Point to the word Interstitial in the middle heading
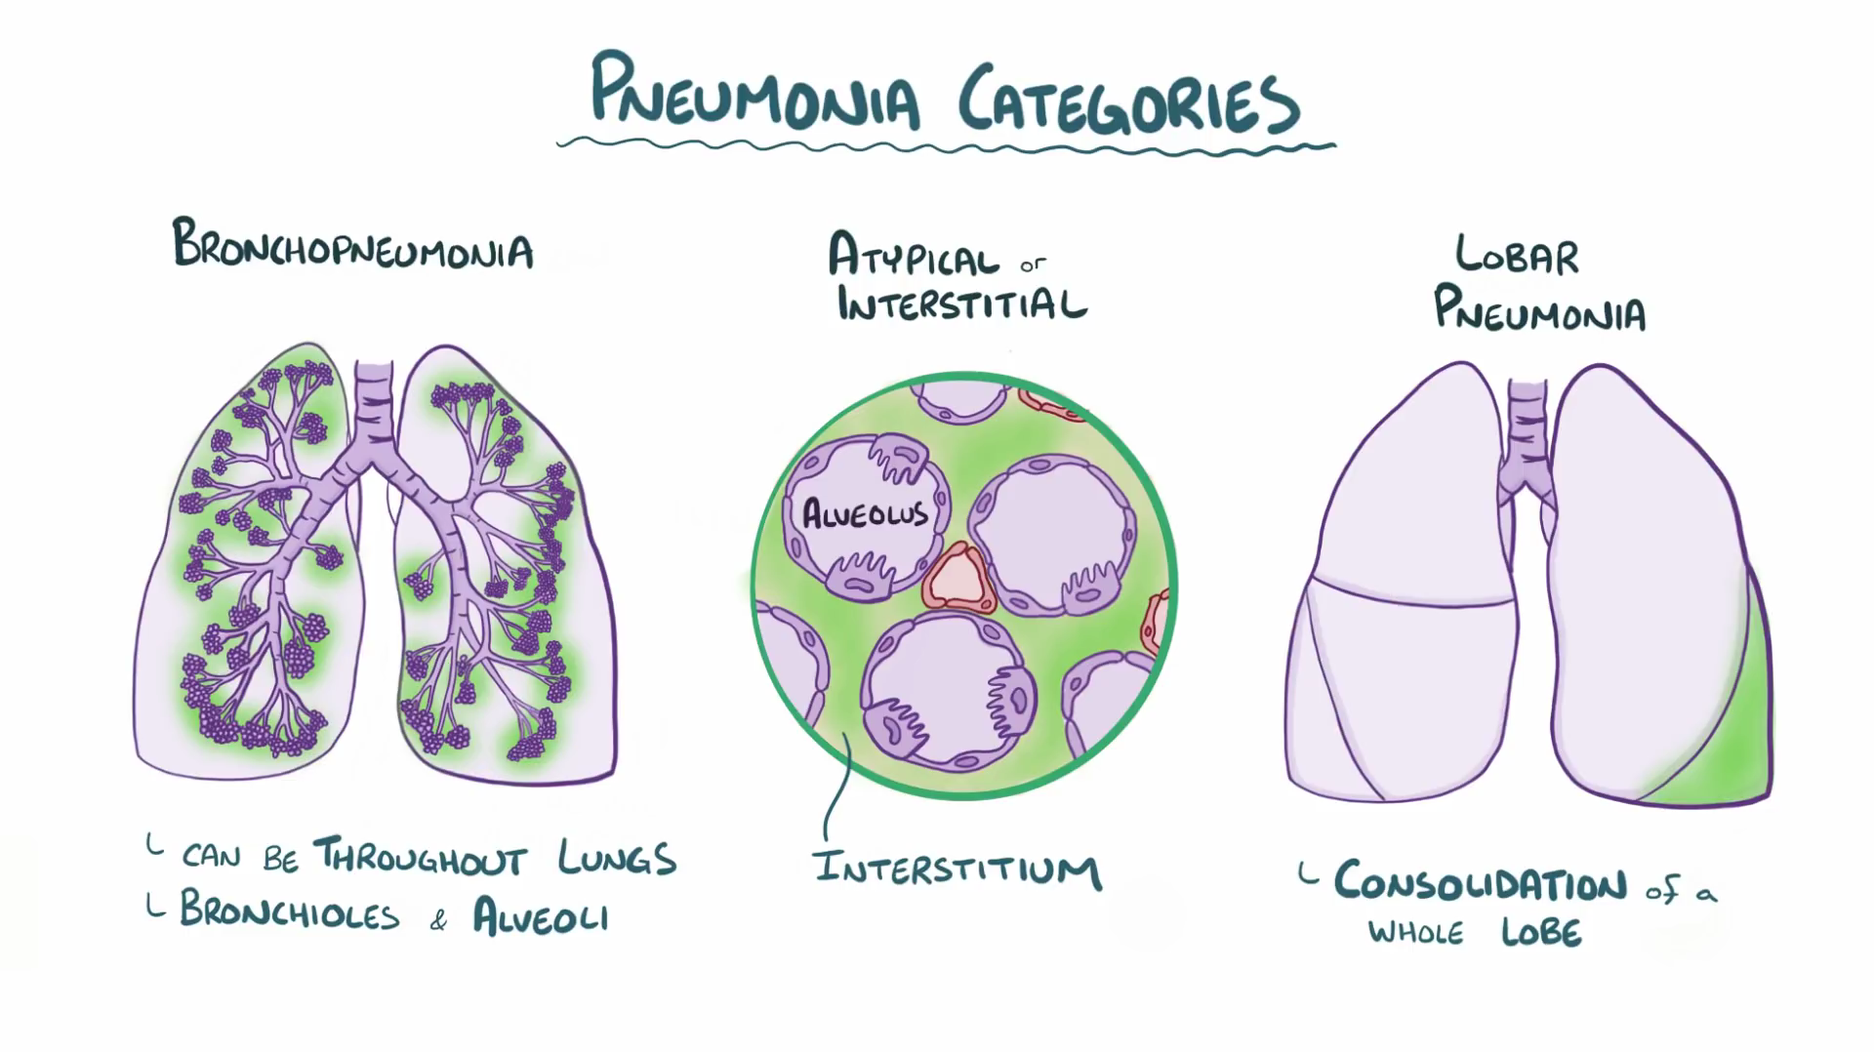[961, 303]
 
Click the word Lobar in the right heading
[1516, 256]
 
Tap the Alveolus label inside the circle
[864, 513]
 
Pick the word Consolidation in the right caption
[1480, 882]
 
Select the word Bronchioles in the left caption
[290, 912]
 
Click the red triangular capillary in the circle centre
[958, 580]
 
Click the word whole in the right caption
[1415, 933]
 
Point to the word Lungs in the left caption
[617, 858]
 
